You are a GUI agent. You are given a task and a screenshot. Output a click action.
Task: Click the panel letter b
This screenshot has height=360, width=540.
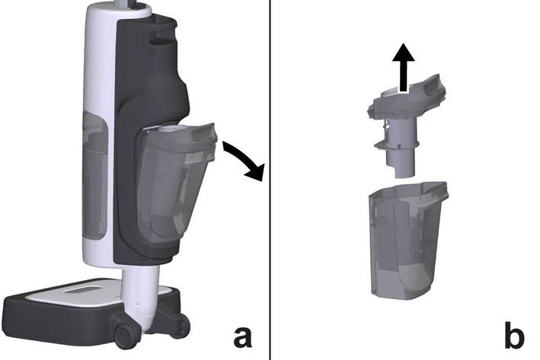pyautogui.click(x=514, y=334)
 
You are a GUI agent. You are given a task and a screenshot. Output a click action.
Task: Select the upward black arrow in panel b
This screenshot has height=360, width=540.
pyautogui.click(x=403, y=68)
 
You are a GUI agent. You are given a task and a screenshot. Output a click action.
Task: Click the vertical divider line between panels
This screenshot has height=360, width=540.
pyautogui.click(x=270, y=180)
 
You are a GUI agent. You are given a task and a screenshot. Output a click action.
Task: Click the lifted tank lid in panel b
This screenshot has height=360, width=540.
pyautogui.click(x=407, y=100)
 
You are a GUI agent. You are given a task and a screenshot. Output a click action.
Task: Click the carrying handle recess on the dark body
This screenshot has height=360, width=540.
pyautogui.click(x=162, y=39)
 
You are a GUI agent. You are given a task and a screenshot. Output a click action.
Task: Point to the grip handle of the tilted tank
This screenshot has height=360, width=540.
pyautogui.click(x=206, y=133)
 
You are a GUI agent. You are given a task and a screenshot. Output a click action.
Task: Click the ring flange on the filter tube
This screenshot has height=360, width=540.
pyautogui.click(x=398, y=145)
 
